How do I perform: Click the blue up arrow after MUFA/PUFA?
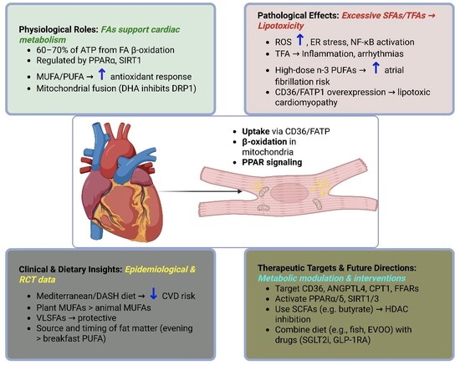click(x=101, y=74)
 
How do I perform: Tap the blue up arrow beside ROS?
click(x=299, y=40)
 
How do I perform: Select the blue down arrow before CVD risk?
click(x=153, y=293)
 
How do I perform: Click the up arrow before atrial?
click(x=376, y=68)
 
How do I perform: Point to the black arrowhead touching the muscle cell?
click(x=239, y=191)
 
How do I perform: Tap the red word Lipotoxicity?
click(x=281, y=26)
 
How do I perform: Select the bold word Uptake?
click(x=256, y=131)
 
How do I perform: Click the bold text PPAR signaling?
click(x=272, y=162)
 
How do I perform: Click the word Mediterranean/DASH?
click(x=79, y=296)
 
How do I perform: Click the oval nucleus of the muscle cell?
click(x=289, y=192)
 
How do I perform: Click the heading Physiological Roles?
click(x=59, y=29)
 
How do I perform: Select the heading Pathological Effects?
click(x=299, y=16)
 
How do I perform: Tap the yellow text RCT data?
click(x=38, y=280)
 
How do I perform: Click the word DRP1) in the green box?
click(x=185, y=89)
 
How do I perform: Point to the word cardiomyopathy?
click(x=306, y=103)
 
